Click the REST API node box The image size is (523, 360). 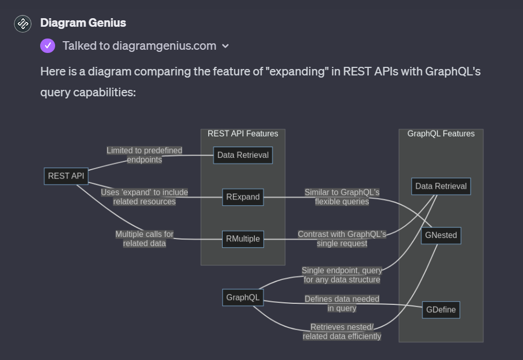coord(66,176)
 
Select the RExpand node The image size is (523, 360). coord(242,197)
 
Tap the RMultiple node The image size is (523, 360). coord(242,239)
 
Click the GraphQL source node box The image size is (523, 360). coord(242,297)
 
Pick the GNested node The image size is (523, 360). coord(441,235)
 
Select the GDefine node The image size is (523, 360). coord(441,310)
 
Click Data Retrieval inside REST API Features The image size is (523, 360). coord(242,155)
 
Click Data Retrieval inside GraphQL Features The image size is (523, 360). coord(441,186)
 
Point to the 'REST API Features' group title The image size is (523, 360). coord(242,134)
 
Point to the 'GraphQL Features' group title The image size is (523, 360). coord(441,134)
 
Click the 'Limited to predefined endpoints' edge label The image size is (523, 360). coord(144,155)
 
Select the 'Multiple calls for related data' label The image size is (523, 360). coord(144,239)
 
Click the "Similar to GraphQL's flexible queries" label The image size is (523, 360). coord(342,197)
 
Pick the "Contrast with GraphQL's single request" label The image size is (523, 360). coord(342,239)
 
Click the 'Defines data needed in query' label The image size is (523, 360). coord(342,303)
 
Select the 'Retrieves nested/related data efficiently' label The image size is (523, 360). coord(342,332)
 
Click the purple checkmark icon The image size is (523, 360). coord(48,45)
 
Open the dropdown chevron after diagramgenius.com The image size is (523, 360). coord(225,46)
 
